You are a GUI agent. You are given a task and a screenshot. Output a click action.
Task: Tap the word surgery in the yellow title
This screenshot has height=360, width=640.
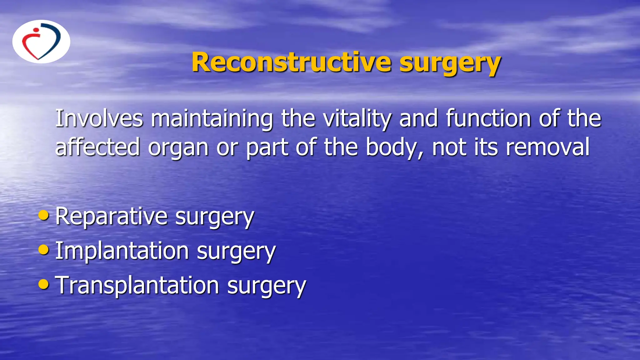coord(450,64)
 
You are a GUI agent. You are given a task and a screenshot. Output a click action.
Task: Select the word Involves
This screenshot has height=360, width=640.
coord(99,118)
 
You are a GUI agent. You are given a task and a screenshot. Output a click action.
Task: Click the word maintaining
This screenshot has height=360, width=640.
coord(212,119)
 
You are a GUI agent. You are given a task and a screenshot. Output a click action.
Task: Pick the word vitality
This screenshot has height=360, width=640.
coord(357,119)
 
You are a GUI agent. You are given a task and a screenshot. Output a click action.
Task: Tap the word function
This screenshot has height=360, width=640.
coord(488,118)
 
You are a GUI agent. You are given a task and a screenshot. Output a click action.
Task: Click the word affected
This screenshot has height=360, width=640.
coord(97,147)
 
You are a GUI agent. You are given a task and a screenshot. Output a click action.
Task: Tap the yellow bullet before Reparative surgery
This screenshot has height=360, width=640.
coord(44,215)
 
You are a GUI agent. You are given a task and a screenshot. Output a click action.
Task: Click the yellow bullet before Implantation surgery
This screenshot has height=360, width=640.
coord(44,249)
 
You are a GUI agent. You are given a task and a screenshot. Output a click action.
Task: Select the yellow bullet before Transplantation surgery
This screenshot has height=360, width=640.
coord(44,284)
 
